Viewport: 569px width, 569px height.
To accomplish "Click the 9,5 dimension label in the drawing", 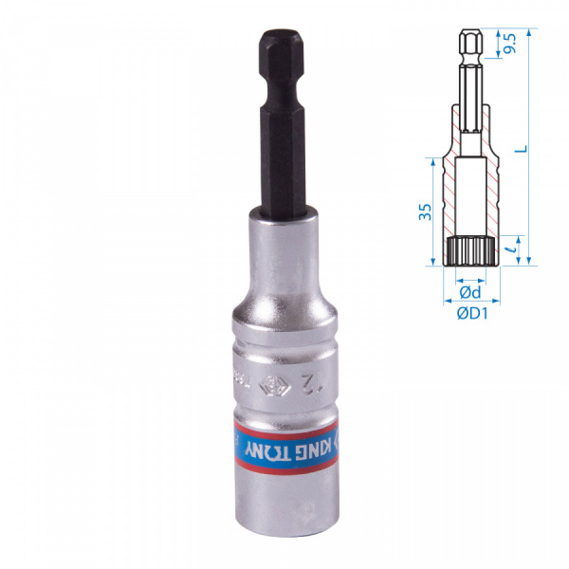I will coord(510,42).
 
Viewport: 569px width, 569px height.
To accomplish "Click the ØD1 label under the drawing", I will coord(472,314).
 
